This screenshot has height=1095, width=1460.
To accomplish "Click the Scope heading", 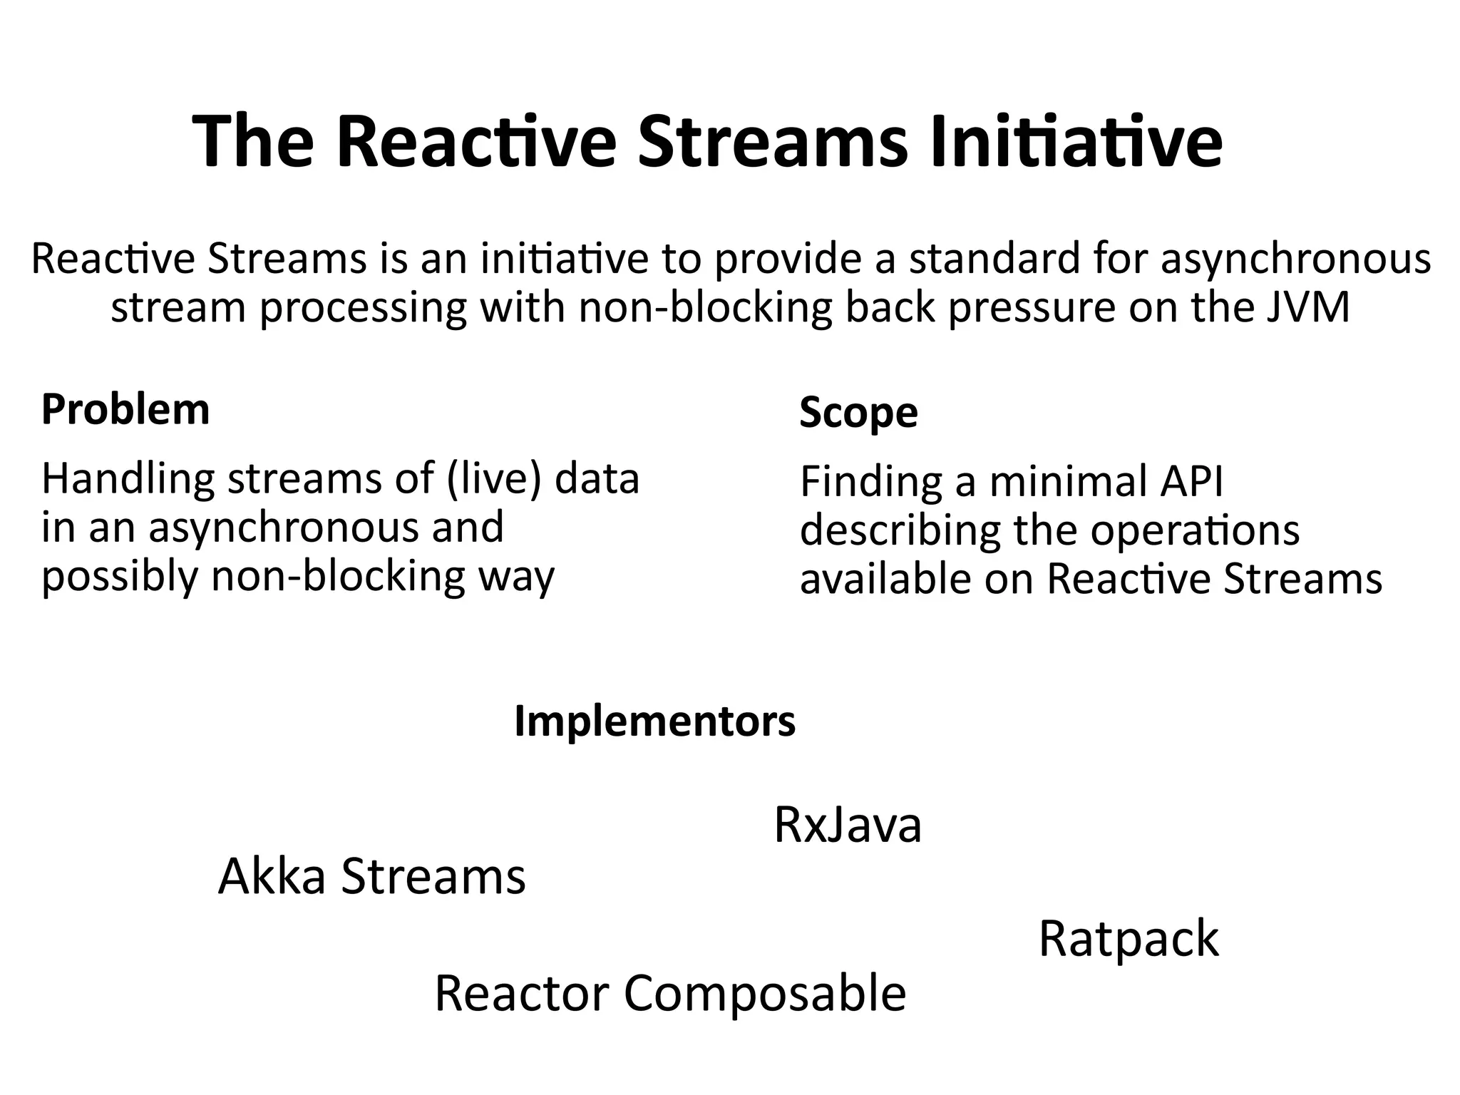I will point(858,413).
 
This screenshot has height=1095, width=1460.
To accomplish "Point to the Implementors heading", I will point(654,721).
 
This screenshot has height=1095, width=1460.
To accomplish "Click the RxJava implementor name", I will point(848,826).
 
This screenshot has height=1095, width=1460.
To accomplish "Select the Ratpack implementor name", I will point(1129,939).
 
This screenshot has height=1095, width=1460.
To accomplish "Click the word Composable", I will point(765,994).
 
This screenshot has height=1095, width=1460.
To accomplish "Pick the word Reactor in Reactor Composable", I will point(522,994).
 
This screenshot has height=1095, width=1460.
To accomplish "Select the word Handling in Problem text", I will point(128,480).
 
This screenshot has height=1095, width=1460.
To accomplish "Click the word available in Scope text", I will point(885,578).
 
